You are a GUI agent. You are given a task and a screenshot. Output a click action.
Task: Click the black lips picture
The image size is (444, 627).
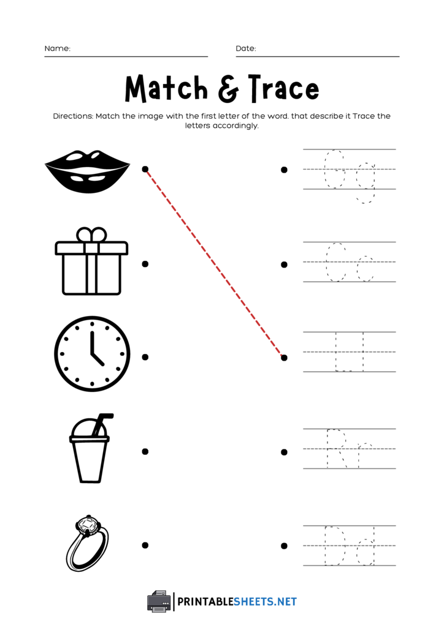click(x=87, y=171)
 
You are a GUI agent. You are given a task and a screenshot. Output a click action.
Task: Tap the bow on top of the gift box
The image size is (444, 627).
click(x=91, y=236)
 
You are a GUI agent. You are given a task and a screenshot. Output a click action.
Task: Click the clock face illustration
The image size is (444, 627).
click(x=92, y=354)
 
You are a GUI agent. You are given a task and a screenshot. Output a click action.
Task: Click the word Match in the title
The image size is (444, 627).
click(x=166, y=89)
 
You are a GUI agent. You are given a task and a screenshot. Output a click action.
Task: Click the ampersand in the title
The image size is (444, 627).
click(x=228, y=89)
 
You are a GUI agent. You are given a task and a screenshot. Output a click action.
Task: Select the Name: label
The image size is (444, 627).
click(x=57, y=48)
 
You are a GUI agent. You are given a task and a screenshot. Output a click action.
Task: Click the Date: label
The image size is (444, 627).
click(x=246, y=48)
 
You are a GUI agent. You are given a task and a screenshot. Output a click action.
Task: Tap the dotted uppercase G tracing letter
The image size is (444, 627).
click(x=334, y=169)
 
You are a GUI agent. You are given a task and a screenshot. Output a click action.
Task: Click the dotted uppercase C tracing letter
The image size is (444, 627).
click(x=335, y=262)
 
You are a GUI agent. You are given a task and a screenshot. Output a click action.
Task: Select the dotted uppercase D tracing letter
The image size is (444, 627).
click(x=335, y=545)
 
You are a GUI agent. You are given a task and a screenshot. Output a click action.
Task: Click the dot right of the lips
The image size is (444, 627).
click(x=145, y=169)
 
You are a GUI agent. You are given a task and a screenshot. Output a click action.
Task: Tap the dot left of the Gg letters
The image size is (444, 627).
click(x=284, y=170)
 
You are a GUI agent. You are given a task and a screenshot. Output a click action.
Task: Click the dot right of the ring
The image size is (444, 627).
click(x=145, y=545)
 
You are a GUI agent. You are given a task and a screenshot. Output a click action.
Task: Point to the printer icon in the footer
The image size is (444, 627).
click(x=159, y=601)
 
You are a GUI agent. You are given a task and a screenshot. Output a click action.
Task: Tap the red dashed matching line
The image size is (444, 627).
click(x=215, y=263)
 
